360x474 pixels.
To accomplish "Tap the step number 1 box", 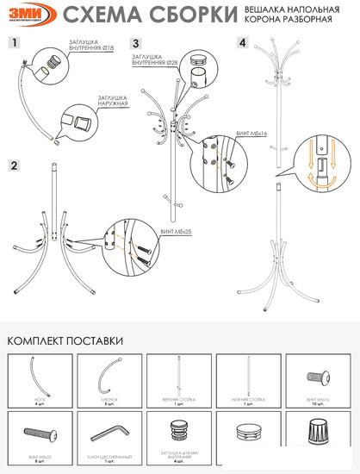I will pyautogui.click(x=15, y=41).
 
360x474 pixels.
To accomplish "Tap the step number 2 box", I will pyautogui.click(x=15, y=164).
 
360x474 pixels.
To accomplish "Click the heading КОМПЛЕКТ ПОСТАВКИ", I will pyautogui.click(x=65, y=340).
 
